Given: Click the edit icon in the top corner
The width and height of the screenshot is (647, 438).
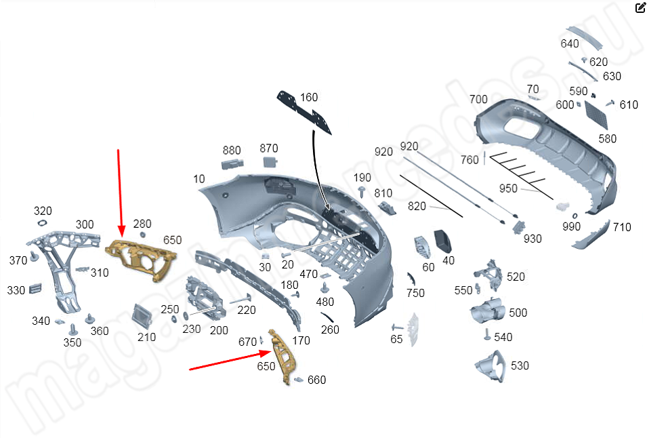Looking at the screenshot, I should pyautogui.click(x=640, y=8).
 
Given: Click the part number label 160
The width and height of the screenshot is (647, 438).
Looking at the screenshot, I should pyautogui.click(x=309, y=98).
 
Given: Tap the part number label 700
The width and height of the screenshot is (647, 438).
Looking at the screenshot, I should pyautogui.click(x=478, y=100).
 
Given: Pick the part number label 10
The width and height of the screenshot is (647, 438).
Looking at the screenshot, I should pyautogui.click(x=199, y=179).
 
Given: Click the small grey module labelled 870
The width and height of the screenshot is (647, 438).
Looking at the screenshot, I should pyautogui.click(x=270, y=161).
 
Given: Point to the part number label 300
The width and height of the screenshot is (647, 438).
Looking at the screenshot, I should pyautogui.click(x=85, y=224).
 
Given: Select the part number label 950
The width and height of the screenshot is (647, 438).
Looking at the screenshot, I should pyautogui.click(x=508, y=188).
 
